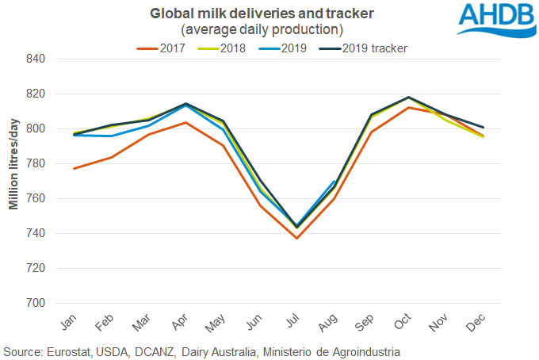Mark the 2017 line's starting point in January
[74, 168]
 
